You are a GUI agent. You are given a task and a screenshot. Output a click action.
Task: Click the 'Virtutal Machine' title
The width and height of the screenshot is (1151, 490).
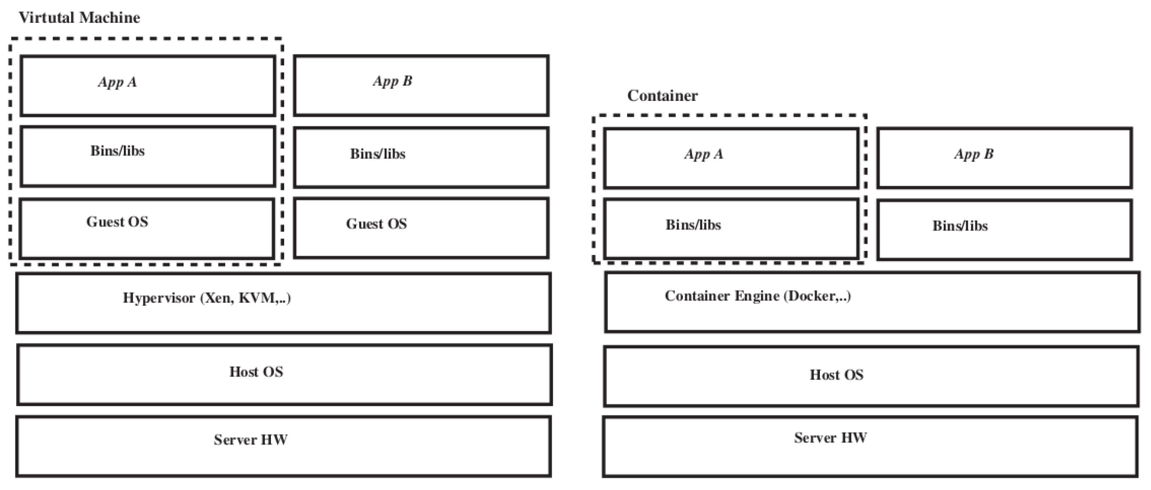(x=79, y=18)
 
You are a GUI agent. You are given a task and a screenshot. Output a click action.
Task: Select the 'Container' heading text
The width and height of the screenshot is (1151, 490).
(x=662, y=96)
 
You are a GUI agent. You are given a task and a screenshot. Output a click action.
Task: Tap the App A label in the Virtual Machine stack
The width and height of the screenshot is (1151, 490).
(x=118, y=82)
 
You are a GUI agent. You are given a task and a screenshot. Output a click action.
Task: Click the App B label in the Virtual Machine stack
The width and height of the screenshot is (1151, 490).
(x=392, y=81)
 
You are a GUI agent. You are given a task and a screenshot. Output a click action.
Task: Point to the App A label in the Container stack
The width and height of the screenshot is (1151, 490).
(x=703, y=154)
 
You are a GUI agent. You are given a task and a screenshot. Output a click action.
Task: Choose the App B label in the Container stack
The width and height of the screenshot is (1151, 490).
(x=974, y=154)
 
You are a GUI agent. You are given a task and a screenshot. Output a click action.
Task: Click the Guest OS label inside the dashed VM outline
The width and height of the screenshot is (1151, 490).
(x=117, y=222)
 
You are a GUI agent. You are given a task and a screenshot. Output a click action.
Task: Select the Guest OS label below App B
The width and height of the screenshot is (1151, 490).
(x=376, y=224)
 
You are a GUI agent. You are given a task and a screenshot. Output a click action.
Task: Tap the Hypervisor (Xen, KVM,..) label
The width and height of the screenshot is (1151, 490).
(x=207, y=298)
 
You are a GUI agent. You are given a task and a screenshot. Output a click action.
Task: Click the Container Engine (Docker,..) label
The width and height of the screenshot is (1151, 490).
(x=758, y=296)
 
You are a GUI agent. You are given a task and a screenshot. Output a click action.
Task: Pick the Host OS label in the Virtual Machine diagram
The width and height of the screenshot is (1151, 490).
(x=256, y=372)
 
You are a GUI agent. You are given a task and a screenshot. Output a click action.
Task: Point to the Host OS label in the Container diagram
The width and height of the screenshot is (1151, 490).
(x=837, y=375)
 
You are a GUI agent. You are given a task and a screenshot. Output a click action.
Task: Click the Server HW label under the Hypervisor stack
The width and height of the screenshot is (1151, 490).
(x=251, y=440)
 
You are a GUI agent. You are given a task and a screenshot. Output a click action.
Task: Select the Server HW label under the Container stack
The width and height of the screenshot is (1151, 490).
(x=830, y=438)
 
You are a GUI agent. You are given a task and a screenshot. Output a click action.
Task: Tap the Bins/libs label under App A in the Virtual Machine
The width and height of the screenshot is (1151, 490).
(x=118, y=151)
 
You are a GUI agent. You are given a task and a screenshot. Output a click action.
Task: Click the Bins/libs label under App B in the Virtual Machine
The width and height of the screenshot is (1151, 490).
(x=378, y=154)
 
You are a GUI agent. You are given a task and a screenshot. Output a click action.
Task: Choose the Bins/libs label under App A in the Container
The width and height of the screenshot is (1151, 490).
(x=693, y=225)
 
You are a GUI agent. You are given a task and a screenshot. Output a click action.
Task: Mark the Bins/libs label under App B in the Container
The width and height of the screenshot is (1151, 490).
(x=960, y=226)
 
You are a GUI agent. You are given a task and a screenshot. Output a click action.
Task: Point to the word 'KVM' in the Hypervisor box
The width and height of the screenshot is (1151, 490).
(x=258, y=298)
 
